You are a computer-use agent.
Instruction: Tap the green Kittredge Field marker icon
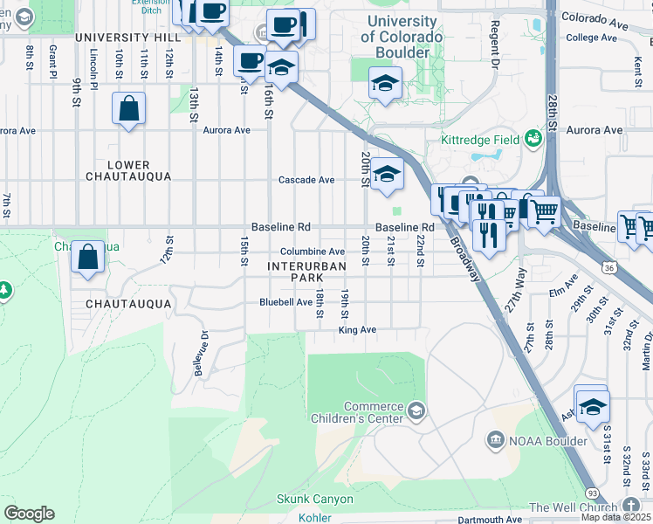tap(533, 139)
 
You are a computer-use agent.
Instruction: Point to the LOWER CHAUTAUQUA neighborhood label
tap(129, 170)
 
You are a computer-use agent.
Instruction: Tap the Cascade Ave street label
tap(306, 180)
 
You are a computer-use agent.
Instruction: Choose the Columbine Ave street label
tap(313, 252)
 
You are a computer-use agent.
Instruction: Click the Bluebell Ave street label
tap(285, 302)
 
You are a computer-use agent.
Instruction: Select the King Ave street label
tap(357, 330)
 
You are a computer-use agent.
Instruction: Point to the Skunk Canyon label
tap(315, 500)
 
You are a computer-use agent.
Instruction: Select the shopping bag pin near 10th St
tap(129, 109)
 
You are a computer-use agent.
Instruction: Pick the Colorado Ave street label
tap(595, 17)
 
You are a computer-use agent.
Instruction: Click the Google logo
tap(29, 514)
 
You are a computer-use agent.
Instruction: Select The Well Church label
tap(574, 507)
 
